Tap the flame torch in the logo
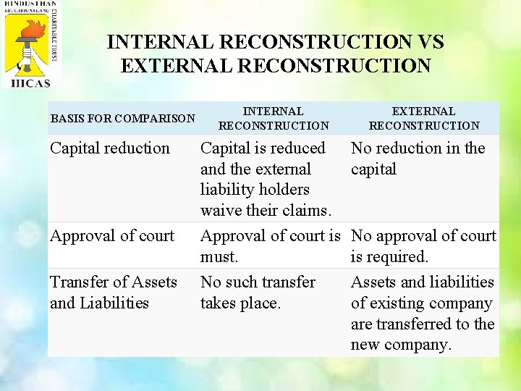click(x=27, y=37)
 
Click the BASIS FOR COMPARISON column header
click(x=122, y=118)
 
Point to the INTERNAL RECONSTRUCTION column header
click(x=273, y=118)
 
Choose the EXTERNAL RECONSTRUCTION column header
click(x=423, y=118)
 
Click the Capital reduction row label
click(x=109, y=148)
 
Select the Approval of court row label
click(x=112, y=236)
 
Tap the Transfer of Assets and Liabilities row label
click(x=113, y=293)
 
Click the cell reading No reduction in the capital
click(x=418, y=159)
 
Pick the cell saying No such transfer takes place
click(x=258, y=293)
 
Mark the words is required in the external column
click(x=389, y=257)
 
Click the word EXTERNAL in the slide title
click(x=177, y=67)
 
